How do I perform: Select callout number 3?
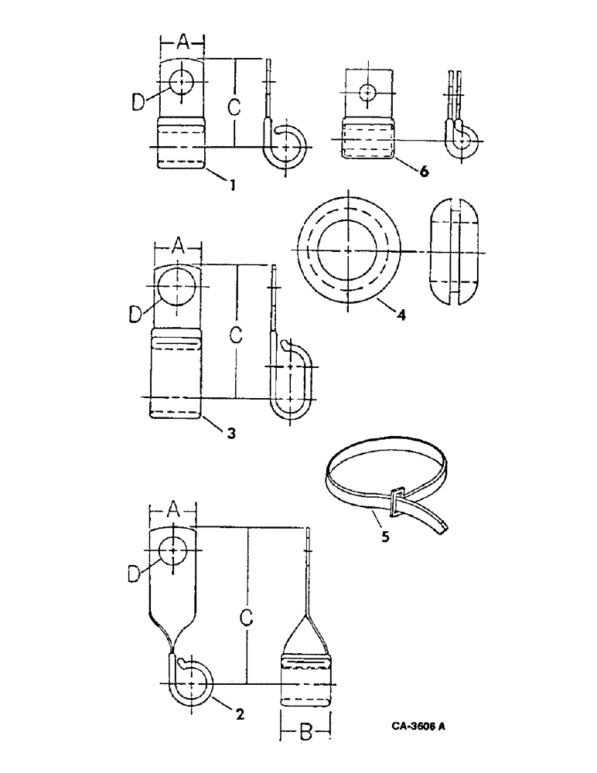point(230,432)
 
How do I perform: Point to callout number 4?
point(400,314)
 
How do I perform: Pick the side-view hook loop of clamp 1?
point(288,145)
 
